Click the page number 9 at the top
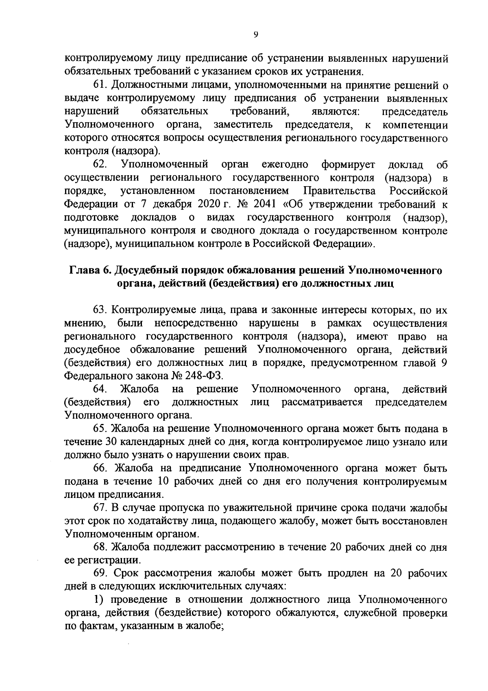tap(256, 35)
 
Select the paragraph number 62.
tap(100, 165)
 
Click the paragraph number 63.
tap(100, 310)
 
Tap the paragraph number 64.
tap(100, 389)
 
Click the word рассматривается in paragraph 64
tap(322, 403)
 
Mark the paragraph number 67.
tap(100, 508)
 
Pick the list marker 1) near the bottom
tap(100, 601)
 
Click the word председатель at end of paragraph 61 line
tap(414, 111)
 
